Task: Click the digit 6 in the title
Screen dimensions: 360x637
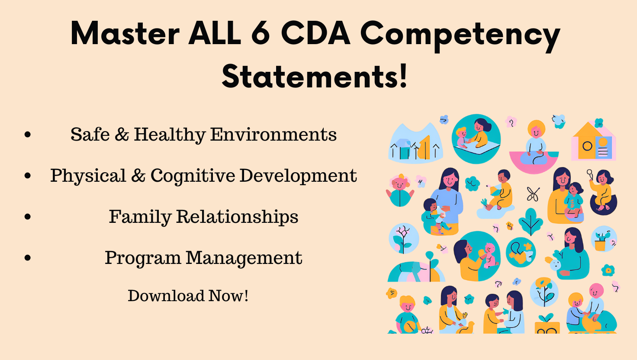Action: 261,34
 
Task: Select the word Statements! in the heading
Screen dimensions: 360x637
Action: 315,76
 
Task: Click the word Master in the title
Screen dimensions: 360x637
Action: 125,34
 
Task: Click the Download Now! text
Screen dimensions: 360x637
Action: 188,296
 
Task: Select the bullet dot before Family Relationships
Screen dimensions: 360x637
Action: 28,217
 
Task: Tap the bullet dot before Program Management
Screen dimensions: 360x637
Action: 28,258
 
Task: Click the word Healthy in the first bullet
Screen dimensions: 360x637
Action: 169,135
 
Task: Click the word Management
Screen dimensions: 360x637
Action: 244,258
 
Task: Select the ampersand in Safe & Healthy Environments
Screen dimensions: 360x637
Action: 122,135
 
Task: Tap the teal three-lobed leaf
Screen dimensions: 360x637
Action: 531,221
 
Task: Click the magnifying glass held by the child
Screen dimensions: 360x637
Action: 590,174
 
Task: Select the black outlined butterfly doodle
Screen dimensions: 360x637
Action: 533,194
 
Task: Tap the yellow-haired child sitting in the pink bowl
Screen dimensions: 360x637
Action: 536,143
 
